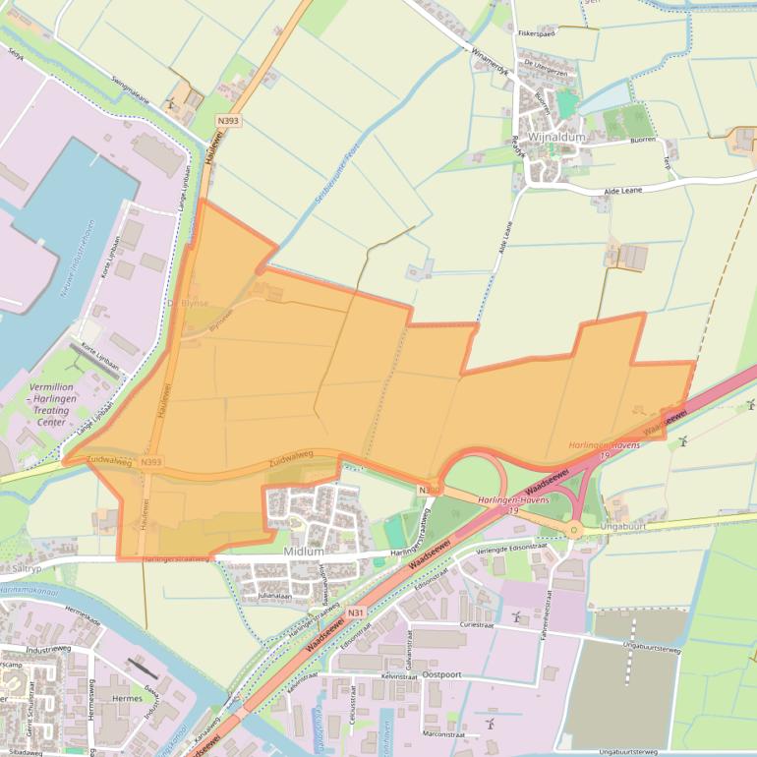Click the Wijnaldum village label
555,138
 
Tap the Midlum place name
303,552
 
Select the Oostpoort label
441,675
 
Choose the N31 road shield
356,613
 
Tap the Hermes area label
128,699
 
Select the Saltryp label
28,569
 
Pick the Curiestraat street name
483,624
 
